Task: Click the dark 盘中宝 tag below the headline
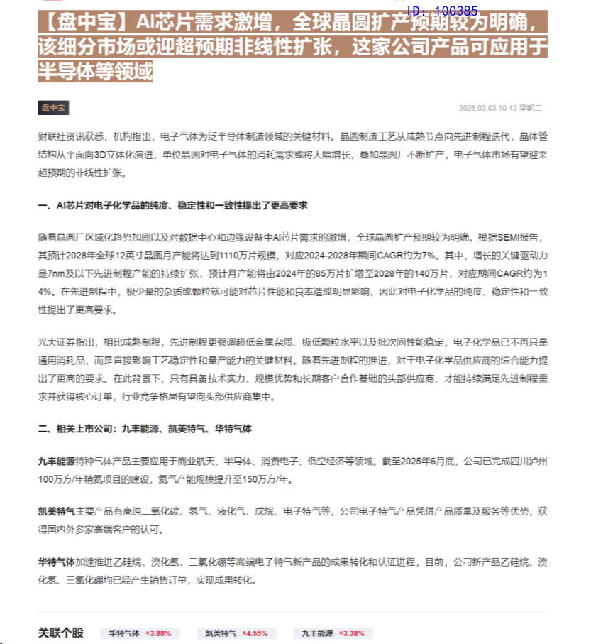pos(53,108)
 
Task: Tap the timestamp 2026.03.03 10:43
pos(487,109)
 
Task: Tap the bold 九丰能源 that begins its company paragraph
pos(56,461)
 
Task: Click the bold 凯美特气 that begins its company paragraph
pos(56,511)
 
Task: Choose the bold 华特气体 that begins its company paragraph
pos(56,562)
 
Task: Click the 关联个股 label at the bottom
pos(60,633)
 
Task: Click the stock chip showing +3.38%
pos(333,633)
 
